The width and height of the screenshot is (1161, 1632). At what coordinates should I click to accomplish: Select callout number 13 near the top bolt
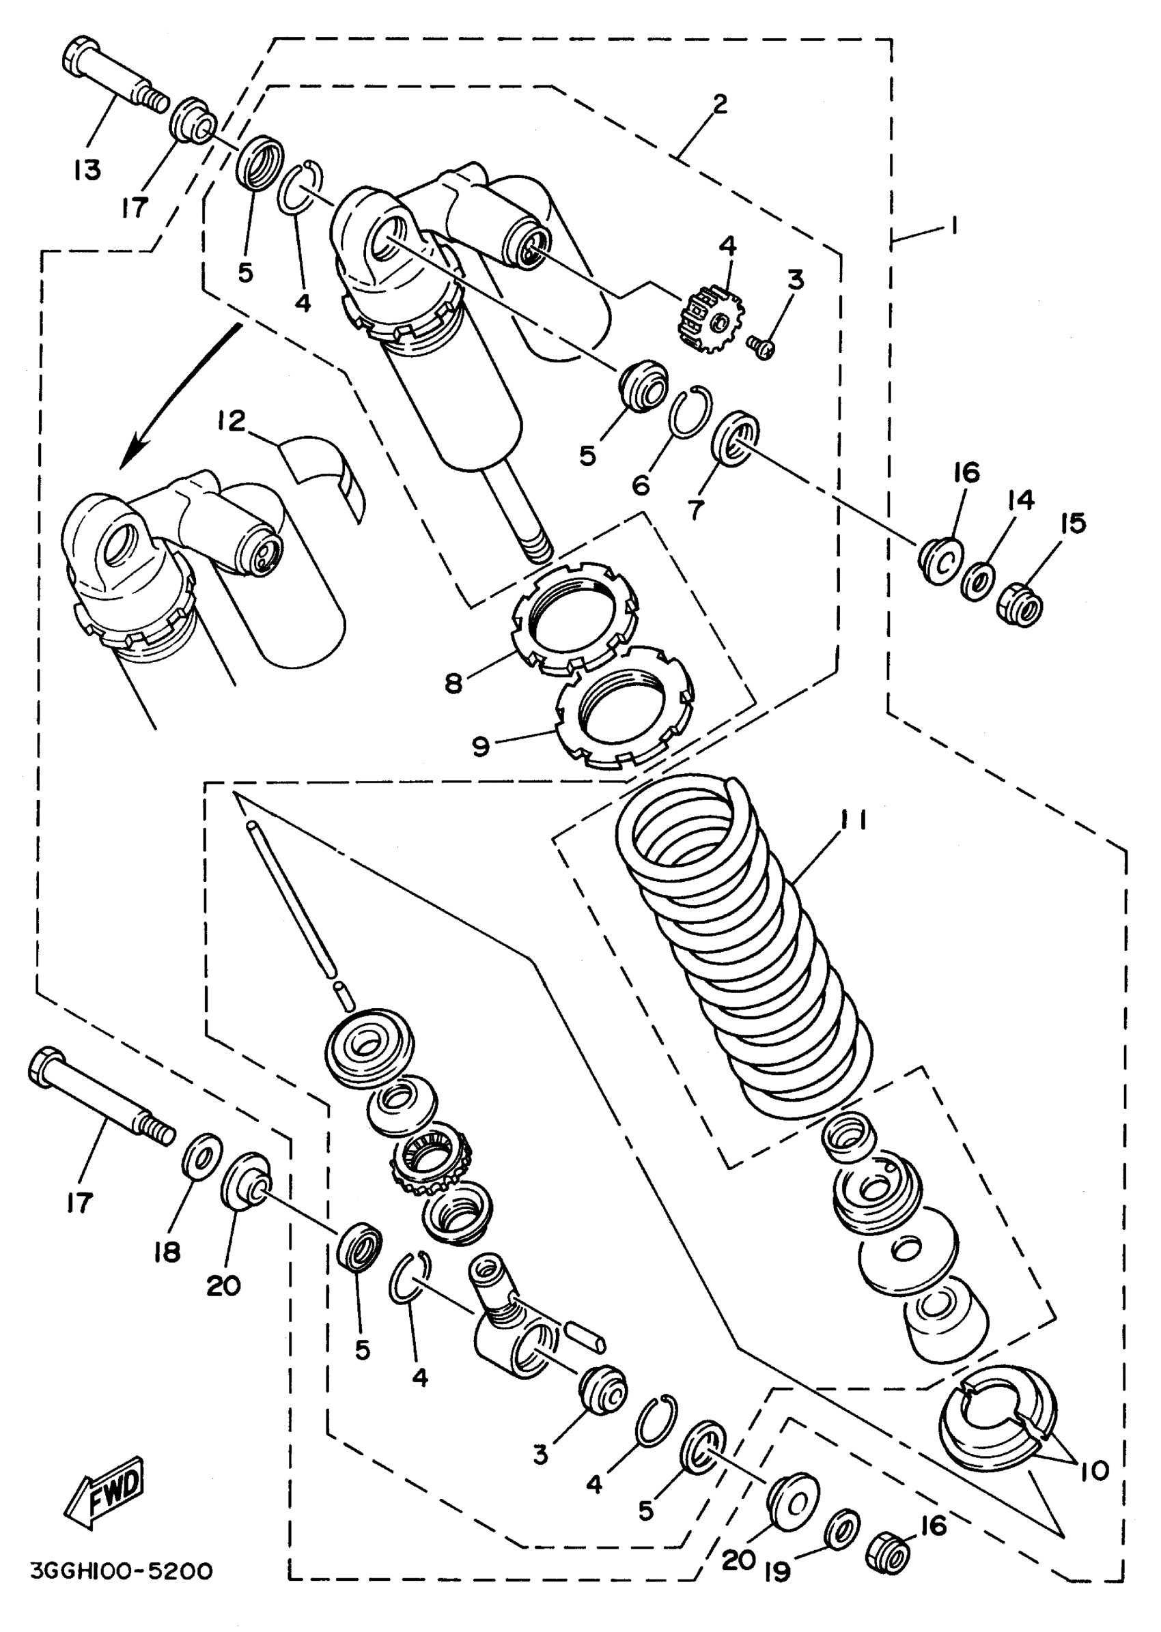87,170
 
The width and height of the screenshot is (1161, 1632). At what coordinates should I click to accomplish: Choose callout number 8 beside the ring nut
453,683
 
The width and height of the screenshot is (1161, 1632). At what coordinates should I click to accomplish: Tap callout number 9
480,746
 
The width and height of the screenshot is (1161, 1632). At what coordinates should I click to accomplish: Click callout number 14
1022,500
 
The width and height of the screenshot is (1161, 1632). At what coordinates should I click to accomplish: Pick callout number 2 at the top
719,104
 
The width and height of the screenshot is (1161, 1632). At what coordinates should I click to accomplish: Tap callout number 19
778,1571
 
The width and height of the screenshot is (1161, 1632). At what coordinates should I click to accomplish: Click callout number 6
641,486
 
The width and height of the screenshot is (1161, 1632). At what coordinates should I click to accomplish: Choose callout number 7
696,509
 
